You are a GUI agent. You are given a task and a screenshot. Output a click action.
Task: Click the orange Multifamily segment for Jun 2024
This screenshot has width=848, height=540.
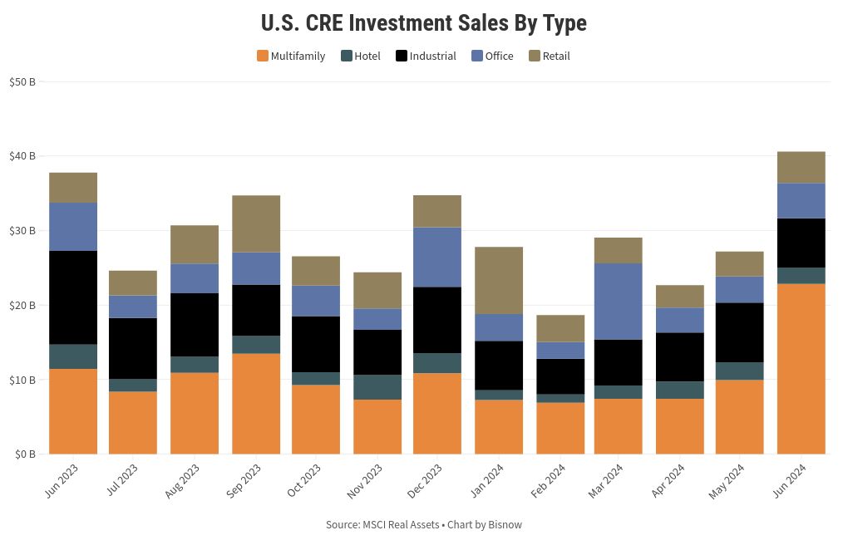(x=801, y=369)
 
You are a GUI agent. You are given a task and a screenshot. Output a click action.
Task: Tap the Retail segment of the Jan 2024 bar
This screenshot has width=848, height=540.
(x=499, y=280)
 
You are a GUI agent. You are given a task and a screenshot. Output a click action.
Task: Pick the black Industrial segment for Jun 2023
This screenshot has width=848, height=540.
(x=73, y=297)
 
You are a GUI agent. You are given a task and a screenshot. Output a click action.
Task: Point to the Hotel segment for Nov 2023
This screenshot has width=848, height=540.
(x=377, y=387)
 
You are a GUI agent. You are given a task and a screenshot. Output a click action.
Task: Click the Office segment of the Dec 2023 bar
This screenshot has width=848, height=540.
(x=437, y=257)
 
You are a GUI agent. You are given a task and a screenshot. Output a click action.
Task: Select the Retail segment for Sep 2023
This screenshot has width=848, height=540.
(x=256, y=223)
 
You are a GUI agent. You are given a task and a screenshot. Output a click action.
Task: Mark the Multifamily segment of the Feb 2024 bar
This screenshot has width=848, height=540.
(x=560, y=428)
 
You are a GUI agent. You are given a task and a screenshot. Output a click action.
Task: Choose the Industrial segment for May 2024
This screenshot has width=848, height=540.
(x=739, y=332)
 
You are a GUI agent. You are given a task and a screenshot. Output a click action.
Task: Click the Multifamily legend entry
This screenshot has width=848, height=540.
(x=291, y=56)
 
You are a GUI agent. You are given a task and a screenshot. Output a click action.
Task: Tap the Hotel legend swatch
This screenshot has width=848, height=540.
(x=347, y=56)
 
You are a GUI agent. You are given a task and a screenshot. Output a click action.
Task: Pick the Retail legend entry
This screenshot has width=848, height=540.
(x=550, y=56)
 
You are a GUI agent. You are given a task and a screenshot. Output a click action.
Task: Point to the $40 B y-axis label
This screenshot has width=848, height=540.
(x=22, y=156)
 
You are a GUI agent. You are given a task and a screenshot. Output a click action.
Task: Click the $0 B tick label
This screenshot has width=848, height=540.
(x=24, y=454)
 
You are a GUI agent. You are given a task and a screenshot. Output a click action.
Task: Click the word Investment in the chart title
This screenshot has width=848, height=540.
(x=400, y=23)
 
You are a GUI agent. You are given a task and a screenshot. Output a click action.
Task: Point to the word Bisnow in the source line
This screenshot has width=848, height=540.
(x=505, y=525)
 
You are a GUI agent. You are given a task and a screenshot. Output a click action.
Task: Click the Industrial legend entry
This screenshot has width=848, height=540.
(x=426, y=56)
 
